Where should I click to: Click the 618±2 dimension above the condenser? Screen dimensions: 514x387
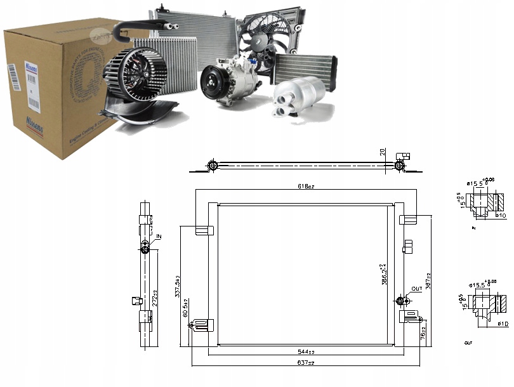(305, 187)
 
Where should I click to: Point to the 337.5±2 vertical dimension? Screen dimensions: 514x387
(178, 285)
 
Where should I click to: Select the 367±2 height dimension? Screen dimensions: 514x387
(429, 279)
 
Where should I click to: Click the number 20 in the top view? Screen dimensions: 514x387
(382, 152)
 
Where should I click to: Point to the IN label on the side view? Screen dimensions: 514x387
(159, 237)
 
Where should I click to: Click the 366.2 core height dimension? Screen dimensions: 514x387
(381, 276)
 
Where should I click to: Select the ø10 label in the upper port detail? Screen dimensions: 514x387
(501, 216)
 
